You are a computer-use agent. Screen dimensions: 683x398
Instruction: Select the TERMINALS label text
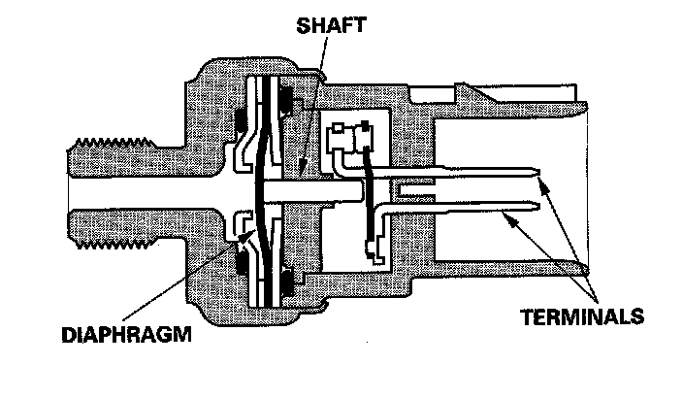coord(583,316)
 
